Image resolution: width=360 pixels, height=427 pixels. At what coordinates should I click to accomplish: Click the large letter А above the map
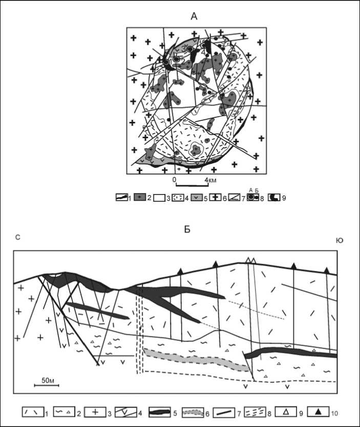(x=194, y=16)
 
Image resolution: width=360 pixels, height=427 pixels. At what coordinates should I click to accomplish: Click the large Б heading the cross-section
(x=187, y=229)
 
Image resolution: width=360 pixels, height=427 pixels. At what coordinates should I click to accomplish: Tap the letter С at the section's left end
(x=18, y=238)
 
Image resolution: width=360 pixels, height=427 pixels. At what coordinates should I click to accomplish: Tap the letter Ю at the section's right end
(x=340, y=241)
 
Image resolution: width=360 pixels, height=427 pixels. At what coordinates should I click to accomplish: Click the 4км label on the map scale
(x=211, y=180)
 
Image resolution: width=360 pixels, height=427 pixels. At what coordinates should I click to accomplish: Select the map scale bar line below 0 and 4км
(x=192, y=186)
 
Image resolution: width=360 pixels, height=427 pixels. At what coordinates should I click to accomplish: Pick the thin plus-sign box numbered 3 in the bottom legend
(x=95, y=412)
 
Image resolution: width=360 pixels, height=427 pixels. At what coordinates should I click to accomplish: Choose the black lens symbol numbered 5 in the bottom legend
(x=160, y=412)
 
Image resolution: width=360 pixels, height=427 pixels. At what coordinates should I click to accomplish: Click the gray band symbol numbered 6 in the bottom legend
(x=193, y=412)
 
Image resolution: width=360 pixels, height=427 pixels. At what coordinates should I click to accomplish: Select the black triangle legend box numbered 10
(x=318, y=412)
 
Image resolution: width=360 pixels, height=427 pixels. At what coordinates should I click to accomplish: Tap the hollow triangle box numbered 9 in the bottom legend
(x=286, y=412)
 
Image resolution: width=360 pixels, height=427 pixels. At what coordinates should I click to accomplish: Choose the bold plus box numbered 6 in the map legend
(x=216, y=198)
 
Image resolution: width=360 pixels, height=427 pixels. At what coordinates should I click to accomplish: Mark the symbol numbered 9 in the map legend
(x=274, y=198)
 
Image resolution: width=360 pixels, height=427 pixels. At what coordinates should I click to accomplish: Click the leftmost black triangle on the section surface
(x=180, y=271)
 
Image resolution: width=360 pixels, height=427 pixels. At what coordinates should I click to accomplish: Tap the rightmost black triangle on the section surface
(x=327, y=270)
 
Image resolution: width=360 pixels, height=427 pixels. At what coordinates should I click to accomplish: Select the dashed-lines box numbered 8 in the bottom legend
(x=255, y=412)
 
